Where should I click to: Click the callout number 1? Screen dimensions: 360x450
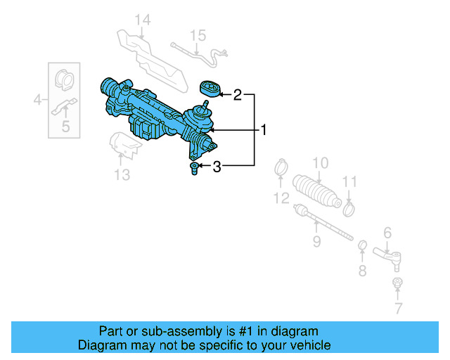point(264,130)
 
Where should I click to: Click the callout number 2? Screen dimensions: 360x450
point(238,94)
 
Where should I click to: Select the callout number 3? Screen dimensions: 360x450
point(217,167)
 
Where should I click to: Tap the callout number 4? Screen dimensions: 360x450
point(38,101)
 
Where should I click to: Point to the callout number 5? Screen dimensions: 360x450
point(65,127)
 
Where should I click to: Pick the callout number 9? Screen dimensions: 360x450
point(316,242)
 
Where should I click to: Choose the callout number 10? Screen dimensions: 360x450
point(320,163)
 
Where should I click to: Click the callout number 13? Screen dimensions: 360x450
point(122,175)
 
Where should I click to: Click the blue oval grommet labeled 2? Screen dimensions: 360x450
point(210,88)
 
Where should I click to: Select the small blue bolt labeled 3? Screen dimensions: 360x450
point(193,168)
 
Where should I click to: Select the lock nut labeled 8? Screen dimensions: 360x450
point(363,245)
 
